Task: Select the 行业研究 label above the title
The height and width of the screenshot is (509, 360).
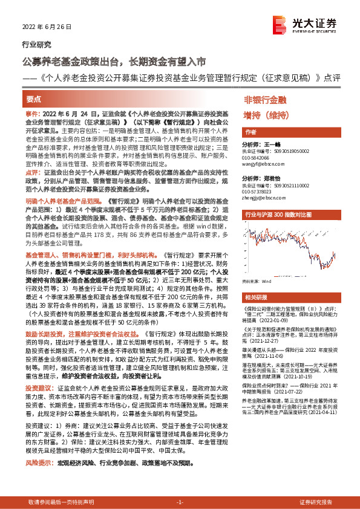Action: pyautogui.click(x=36, y=45)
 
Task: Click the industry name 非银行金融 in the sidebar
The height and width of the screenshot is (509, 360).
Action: pyautogui.click(x=264, y=100)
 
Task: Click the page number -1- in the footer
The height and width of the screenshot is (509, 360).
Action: pyautogui.click(x=179, y=502)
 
